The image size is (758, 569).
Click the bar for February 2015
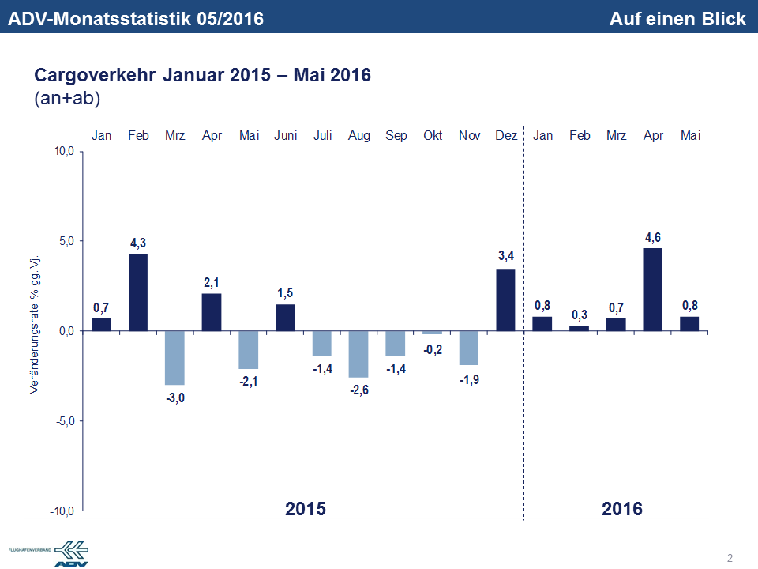(x=138, y=292)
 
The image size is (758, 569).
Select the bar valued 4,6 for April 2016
(x=653, y=289)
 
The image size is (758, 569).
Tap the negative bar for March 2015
(x=174, y=357)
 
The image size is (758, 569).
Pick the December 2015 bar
(x=505, y=300)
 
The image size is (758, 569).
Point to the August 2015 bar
(x=358, y=354)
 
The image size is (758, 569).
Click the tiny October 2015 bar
(x=432, y=333)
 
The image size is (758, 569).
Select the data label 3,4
(x=505, y=256)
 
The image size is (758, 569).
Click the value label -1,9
(x=468, y=379)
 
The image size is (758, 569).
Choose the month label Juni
(x=285, y=136)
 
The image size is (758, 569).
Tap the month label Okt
(x=432, y=136)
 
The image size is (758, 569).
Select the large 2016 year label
(x=621, y=508)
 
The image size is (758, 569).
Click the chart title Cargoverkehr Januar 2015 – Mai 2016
(x=202, y=76)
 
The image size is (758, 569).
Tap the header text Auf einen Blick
(x=677, y=18)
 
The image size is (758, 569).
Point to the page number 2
(x=730, y=558)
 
